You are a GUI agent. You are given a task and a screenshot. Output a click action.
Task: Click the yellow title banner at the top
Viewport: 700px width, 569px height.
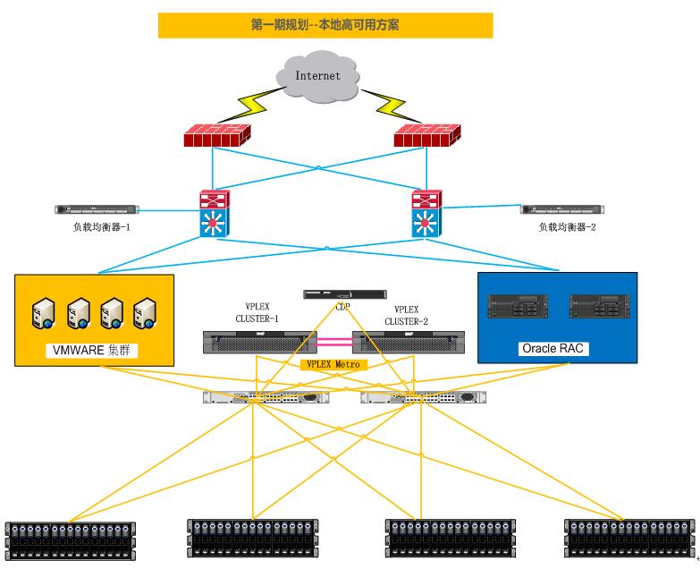pos(325,25)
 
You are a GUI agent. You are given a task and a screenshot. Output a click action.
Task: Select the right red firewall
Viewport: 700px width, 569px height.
pos(426,137)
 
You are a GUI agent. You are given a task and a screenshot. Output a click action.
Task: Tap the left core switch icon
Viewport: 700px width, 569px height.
pos(214,213)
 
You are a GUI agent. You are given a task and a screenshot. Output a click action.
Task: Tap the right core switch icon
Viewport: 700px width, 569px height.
pos(426,213)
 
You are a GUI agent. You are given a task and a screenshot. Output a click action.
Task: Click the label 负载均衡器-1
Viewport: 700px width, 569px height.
pos(102,227)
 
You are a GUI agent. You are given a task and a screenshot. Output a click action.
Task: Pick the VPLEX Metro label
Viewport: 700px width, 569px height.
pos(332,364)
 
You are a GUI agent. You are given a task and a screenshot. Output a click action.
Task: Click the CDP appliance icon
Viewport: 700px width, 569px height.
pos(345,293)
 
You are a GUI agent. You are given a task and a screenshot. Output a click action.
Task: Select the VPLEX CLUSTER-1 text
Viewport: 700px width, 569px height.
pos(257,312)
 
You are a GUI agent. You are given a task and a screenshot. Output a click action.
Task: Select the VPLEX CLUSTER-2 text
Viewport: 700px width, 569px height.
pos(407,312)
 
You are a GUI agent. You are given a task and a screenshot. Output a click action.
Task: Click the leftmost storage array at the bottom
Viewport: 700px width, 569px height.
pos(71,540)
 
